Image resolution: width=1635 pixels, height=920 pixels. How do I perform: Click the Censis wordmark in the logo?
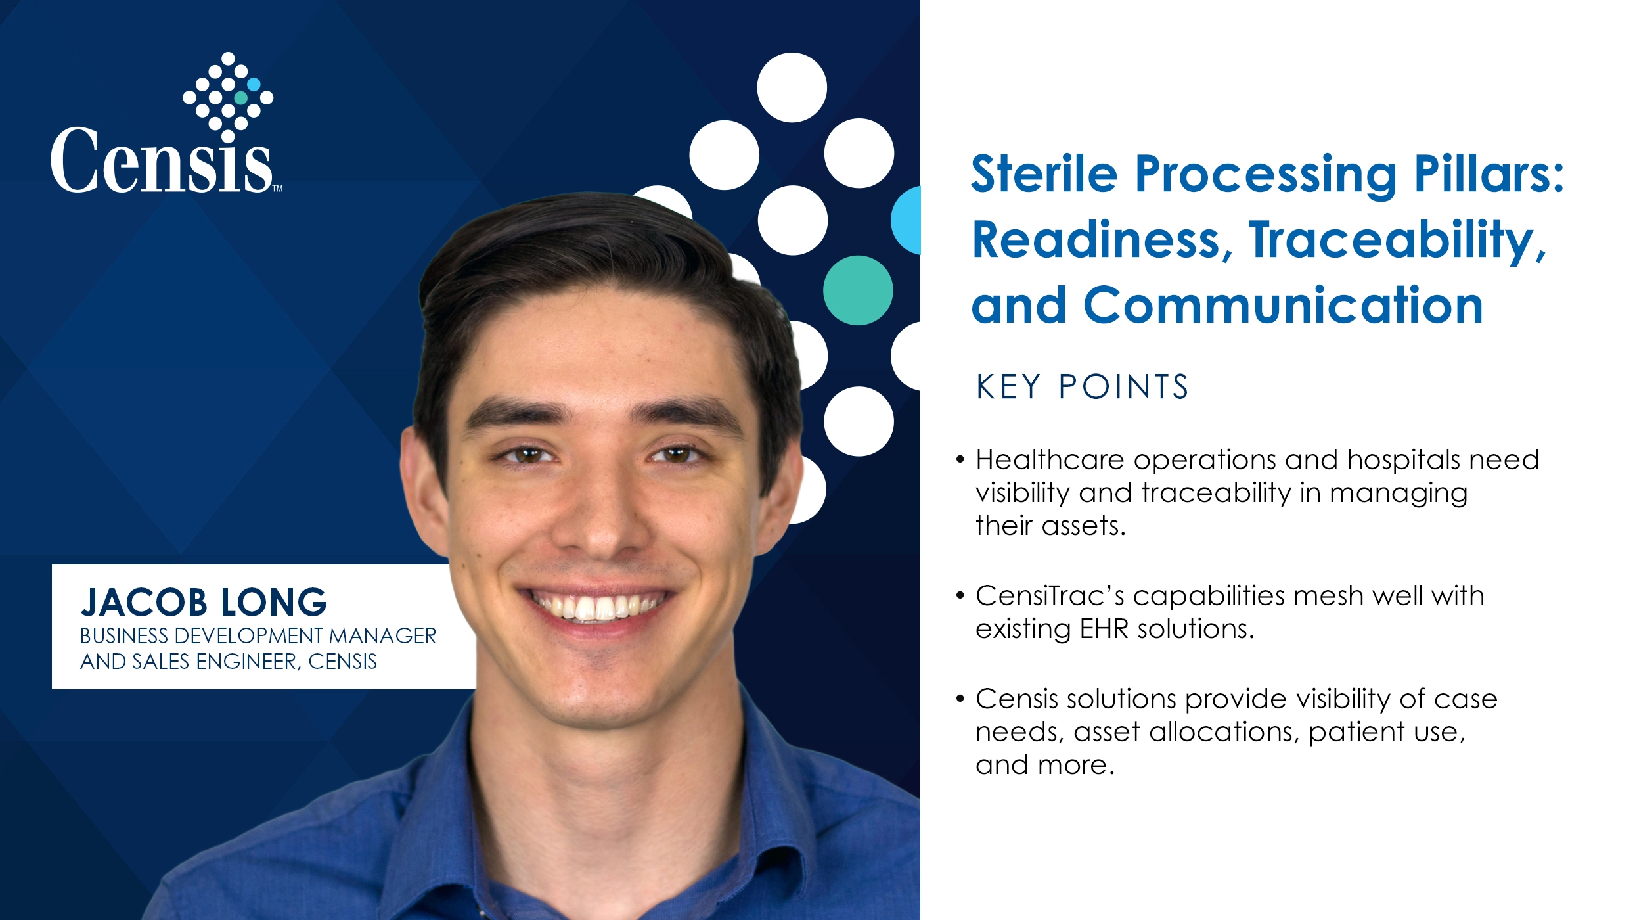pos(161,162)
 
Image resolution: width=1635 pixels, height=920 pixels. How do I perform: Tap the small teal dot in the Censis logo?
pos(241,98)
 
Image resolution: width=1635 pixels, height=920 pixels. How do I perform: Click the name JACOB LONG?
pos(204,602)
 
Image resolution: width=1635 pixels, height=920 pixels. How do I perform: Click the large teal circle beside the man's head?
pos(857,290)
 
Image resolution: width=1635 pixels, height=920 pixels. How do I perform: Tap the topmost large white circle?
pos(792,87)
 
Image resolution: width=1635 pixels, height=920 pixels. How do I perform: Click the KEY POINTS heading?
pos(1082,386)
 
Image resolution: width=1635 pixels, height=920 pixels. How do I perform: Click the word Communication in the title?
pos(1282,306)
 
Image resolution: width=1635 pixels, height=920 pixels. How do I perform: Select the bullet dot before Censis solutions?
pos(960,699)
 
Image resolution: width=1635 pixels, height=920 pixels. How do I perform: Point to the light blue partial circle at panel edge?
pos(907,220)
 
